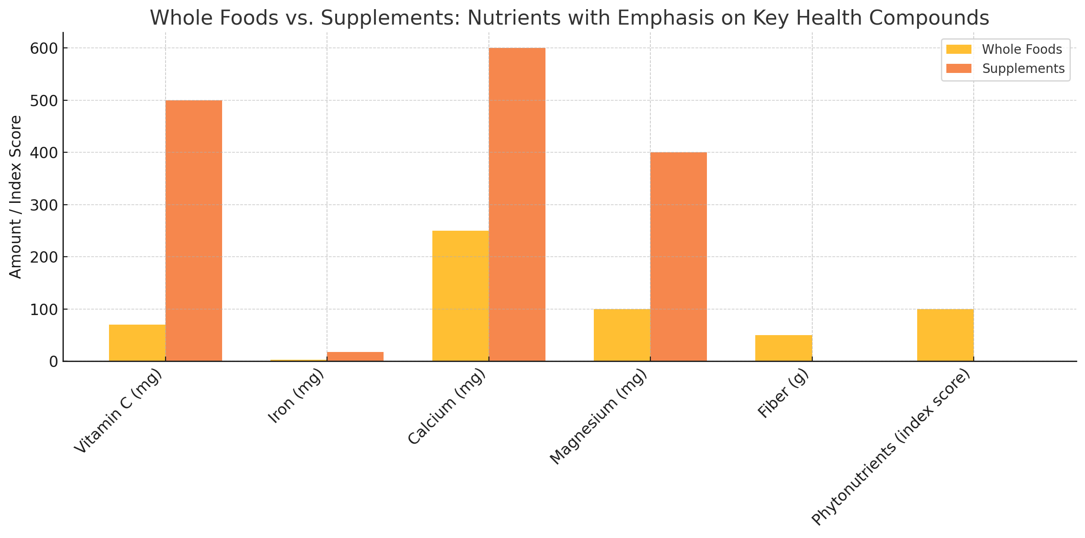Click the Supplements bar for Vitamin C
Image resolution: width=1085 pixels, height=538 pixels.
(x=194, y=231)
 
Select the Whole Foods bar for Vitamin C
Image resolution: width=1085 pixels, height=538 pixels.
(x=137, y=343)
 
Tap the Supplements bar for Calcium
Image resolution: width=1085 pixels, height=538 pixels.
(x=517, y=205)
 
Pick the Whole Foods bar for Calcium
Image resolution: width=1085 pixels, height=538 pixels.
(x=461, y=296)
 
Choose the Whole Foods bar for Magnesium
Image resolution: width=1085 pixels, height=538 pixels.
(x=622, y=335)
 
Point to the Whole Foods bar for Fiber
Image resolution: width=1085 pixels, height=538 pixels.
(x=784, y=348)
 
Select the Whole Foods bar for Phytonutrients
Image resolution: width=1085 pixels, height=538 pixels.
(x=945, y=335)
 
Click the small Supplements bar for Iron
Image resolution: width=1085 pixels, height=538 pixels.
(x=355, y=357)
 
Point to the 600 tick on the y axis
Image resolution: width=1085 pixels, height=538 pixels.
(x=43, y=48)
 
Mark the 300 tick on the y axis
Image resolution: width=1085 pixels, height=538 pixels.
(x=43, y=205)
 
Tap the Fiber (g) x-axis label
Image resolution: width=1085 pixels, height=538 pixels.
(x=783, y=393)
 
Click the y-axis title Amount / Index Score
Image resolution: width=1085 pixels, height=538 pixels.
(x=16, y=197)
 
